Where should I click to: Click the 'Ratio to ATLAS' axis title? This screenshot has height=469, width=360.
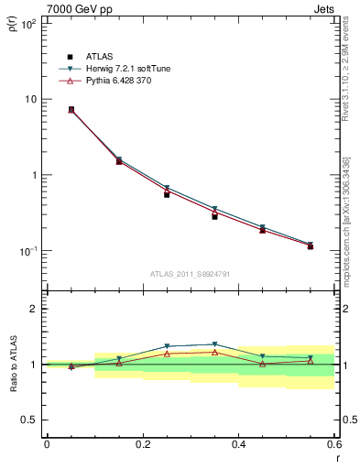(13, 365)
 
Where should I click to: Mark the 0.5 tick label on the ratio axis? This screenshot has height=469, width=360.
(28, 420)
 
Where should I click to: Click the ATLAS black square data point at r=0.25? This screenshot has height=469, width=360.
(167, 194)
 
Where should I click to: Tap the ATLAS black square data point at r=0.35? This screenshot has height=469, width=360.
(214, 216)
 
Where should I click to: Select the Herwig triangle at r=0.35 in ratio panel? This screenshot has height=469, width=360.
(214, 344)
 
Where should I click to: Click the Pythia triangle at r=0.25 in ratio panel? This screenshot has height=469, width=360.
(167, 354)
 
